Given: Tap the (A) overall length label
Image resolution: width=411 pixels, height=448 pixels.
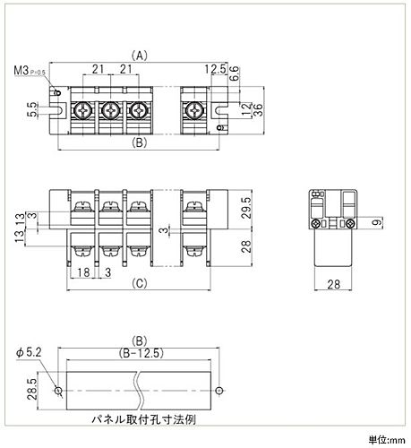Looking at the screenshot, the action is [x=140, y=56].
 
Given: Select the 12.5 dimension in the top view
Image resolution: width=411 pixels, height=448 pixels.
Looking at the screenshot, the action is [x=215, y=69].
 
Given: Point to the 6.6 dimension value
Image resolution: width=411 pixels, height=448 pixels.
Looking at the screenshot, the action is [x=235, y=73].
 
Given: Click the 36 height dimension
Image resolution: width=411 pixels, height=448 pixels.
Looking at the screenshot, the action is [x=258, y=110].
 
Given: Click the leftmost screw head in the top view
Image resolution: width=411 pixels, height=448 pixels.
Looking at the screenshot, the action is [x=82, y=111].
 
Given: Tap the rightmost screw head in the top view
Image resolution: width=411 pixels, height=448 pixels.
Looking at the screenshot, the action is [x=194, y=111].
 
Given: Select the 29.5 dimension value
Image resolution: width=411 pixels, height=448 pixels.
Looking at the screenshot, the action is [x=246, y=208].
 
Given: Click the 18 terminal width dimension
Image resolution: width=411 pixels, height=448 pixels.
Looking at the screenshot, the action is [x=83, y=272].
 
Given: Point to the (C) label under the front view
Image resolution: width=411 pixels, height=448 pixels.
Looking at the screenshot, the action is [x=140, y=283].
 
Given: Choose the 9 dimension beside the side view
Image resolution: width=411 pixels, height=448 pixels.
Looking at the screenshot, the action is [x=377, y=222].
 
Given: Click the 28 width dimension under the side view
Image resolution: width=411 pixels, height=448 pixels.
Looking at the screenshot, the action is [x=333, y=284].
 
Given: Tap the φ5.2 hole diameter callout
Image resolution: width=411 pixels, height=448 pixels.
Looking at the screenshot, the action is [x=29, y=353].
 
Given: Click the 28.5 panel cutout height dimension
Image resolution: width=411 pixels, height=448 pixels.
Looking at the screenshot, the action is [x=32, y=389].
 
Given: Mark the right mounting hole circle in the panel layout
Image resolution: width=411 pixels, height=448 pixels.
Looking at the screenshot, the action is [x=219, y=391].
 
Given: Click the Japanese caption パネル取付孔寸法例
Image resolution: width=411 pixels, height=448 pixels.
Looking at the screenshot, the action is [x=143, y=419].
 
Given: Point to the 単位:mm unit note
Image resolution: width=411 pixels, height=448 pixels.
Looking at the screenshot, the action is [x=387, y=440].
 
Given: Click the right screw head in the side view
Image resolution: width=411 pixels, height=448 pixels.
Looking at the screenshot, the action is [x=350, y=223].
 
